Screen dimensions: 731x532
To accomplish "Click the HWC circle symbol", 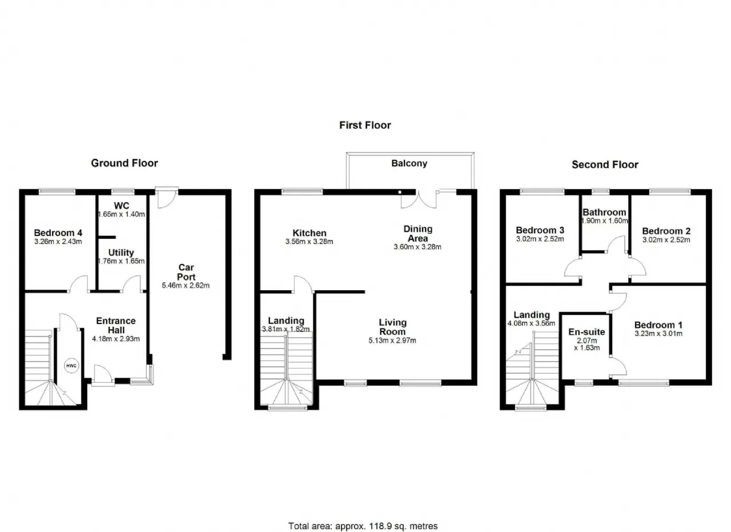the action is pyautogui.click(x=71, y=366).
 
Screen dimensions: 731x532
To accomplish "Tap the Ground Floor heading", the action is pyautogui.click(x=124, y=163).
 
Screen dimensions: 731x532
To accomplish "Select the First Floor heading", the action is pyautogui.click(x=365, y=125).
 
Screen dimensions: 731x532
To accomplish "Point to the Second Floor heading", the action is pyautogui.click(x=605, y=165).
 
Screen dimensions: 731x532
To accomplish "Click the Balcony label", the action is pyautogui.click(x=409, y=163).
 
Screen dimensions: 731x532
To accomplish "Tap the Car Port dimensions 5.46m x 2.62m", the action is pyautogui.click(x=186, y=286).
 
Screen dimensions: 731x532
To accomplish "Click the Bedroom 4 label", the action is pyautogui.click(x=58, y=233).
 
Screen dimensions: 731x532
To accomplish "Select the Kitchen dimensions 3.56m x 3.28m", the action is pyautogui.click(x=310, y=242).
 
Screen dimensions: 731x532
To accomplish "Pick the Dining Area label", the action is pyautogui.click(x=417, y=234).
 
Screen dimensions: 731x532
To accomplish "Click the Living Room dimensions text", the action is pyautogui.click(x=392, y=341).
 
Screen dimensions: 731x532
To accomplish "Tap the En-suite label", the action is pyautogui.click(x=587, y=332).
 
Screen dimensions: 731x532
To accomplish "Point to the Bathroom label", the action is pyautogui.click(x=604, y=212).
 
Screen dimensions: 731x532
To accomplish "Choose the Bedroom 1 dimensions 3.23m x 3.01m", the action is pyautogui.click(x=658, y=334).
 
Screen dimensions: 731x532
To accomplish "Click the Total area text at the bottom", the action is pyautogui.click(x=363, y=517).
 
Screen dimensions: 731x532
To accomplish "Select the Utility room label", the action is pyautogui.click(x=121, y=253).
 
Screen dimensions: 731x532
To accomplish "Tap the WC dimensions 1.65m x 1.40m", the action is pyautogui.click(x=122, y=214).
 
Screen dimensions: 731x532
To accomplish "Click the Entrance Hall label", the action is pyautogui.click(x=116, y=325).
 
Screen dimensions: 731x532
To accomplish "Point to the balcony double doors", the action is pyautogui.click(x=419, y=200).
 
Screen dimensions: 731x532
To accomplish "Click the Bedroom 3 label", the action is pyautogui.click(x=540, y=230).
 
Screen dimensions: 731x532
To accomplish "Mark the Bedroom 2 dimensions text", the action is pyautogui.click(x=666, y=239).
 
